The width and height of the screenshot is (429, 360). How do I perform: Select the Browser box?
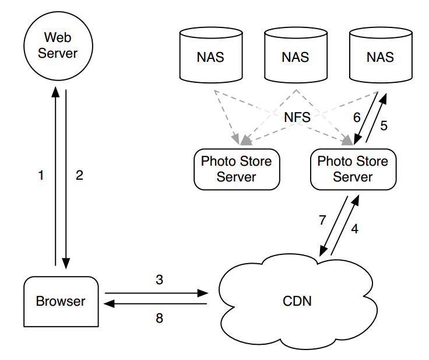[x=61, y=301]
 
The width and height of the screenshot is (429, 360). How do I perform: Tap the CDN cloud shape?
[x=297, y=301]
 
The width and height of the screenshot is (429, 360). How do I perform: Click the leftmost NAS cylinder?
[x=210, y=57]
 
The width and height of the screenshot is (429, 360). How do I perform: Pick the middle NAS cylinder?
[x=295, y=57]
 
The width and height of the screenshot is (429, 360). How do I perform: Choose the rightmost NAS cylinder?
[x=380, y=57]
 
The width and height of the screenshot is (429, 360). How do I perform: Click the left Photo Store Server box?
[x=236, y=169]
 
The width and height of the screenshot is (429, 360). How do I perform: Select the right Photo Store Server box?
[x=353, y=169]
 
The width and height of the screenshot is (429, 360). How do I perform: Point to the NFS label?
[x=297, y=117]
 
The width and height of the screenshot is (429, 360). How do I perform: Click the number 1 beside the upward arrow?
[x=41, y=175]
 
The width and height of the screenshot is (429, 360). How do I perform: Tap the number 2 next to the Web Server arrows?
[x=80, y=175]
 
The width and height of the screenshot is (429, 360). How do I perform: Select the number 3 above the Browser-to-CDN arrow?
[x=159, y=279]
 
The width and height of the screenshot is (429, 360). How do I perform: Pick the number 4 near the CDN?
[x=354, y=229]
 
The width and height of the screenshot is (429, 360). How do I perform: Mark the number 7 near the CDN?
[x=321, y=221]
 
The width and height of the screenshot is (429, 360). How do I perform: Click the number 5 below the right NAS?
[x=384, y=124]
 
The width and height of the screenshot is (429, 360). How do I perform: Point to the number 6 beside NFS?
[x=357, y=117]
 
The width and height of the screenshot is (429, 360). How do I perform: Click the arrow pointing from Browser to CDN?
[x=156, y=292]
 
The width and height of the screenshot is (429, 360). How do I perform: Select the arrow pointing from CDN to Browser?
[x=156, y=303]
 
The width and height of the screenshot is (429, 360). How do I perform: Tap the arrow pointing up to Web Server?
[x=55, y=175]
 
